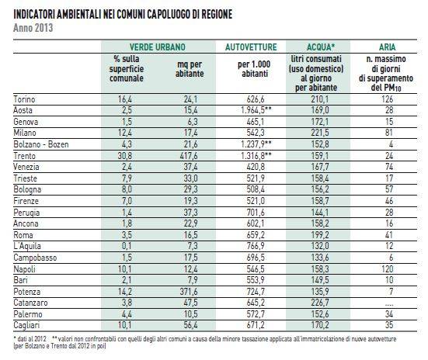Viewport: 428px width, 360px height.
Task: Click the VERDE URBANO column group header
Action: (x=158, y=47)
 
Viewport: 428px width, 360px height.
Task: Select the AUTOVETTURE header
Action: (x=251, y=47)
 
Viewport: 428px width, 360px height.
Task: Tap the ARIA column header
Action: (x=387, y=47)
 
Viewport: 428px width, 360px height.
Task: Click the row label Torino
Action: (x=24, y=99)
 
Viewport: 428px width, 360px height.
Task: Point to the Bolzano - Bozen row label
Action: (x=41, y=144)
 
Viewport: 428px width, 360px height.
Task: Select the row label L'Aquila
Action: (x=27, y=246)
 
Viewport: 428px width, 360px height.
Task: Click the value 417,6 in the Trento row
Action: (x=189, y=156)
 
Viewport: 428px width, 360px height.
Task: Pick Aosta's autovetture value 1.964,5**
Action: (x=256, y=110)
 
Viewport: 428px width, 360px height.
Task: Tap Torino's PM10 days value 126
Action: (x=388, y=99)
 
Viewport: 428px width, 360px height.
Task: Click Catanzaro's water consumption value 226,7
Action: (x=320, y=303)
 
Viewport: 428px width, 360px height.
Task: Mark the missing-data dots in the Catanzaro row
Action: (x=389, y=304)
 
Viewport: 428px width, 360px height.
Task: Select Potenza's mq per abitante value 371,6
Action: (x=189, y=292)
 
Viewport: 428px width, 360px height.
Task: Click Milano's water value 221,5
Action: (x=320, y=133)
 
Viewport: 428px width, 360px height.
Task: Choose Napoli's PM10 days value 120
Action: (x=388, y=269)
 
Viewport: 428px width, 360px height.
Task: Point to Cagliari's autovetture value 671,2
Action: (x=256, y=325)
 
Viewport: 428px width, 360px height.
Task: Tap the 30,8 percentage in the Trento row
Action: (x=125, y=156)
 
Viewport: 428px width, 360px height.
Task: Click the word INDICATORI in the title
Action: (x=34, y=15)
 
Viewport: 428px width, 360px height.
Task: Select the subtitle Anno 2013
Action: (x=33, y=28)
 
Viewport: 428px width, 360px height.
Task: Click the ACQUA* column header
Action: (x=321, y=47)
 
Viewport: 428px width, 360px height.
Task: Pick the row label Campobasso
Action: (x=35, y=258)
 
